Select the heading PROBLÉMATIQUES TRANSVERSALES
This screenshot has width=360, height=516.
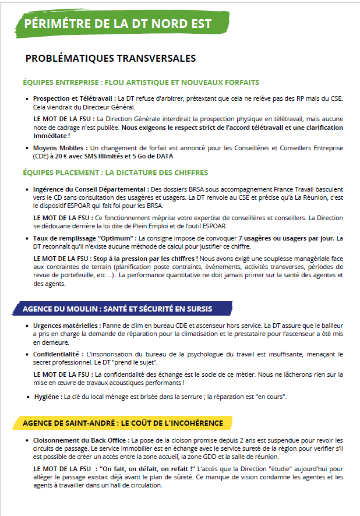111,59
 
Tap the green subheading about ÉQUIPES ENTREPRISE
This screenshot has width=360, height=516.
140,82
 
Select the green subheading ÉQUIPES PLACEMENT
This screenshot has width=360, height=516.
115,173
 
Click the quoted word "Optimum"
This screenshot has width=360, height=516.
115,238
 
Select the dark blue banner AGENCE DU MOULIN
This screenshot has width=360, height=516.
117,309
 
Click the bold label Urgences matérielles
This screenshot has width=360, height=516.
67,326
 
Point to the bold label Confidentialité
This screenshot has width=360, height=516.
58,354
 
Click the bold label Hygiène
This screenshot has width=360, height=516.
47,397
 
